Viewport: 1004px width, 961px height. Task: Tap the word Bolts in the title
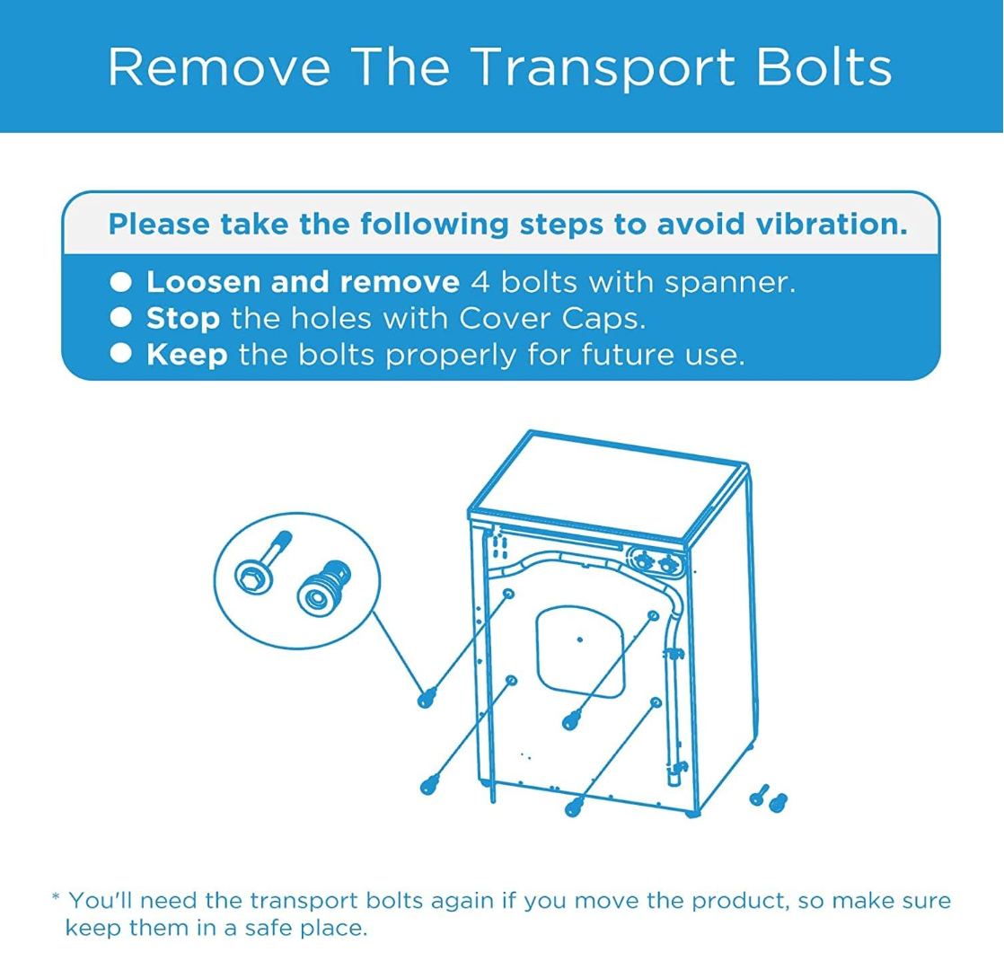824,66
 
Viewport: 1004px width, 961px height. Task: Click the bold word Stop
183,319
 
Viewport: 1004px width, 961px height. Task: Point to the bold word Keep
187,355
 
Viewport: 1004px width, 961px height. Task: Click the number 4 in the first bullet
480,282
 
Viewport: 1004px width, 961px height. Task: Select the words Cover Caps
552,318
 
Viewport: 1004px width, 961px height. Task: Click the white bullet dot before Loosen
120,282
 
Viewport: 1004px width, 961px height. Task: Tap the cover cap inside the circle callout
323,587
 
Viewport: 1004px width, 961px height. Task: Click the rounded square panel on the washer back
580,651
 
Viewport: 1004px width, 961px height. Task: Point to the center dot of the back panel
580,639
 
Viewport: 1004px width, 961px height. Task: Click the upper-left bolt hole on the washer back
508,595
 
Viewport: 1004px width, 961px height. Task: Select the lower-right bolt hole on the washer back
656,703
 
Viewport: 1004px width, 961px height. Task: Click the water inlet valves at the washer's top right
656,563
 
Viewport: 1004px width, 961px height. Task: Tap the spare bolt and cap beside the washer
769,798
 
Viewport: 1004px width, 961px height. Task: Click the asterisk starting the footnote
56,897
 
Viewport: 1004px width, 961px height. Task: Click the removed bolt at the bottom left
429,784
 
